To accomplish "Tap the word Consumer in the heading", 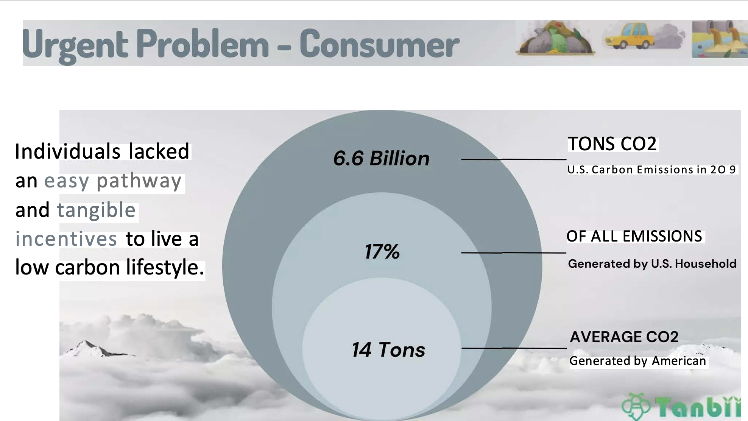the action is (379, 45).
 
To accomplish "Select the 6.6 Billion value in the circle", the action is (381, 158).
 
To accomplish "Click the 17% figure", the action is (382, 251).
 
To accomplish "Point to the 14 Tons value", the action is (388, 349).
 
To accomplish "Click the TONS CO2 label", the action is (612, 144).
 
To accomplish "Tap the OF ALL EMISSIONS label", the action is (634, 236).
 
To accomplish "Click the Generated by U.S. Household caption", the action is (652, 264).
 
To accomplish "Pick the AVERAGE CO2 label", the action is (624, 337).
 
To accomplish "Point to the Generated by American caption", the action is (638, 361).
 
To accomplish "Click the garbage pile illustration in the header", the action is (555, 38).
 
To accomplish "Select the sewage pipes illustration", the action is (720, 39).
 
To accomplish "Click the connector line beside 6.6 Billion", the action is (514, 159).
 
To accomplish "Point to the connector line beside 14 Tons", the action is (514, 348).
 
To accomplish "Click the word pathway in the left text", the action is (139, 181).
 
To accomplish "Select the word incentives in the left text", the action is (66, 239).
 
